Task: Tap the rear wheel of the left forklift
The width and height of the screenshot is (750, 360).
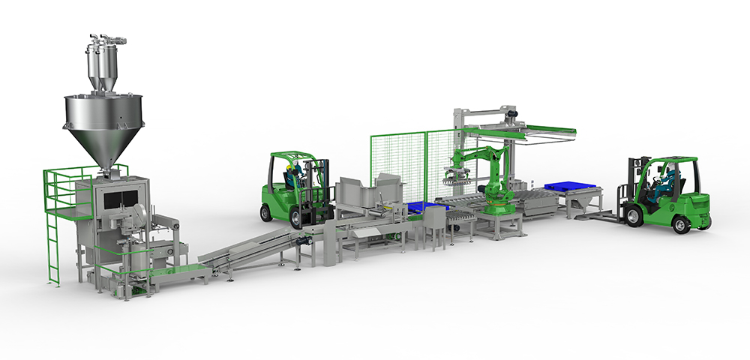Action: (x=266, y=210)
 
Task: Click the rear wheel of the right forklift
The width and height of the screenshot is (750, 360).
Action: (x=685, y=222)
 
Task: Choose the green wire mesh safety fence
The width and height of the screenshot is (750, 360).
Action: (x=397, y=165)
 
